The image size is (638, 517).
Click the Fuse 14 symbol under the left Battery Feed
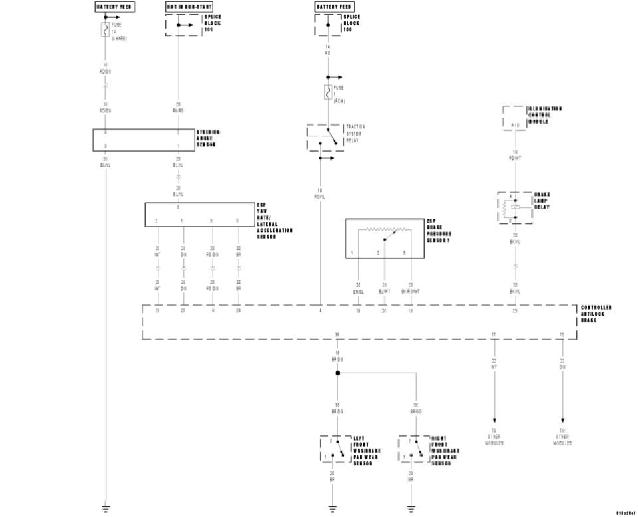pyautogui.click(x=105, y=29)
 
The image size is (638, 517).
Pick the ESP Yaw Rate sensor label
pyautogui.click(x=274, y=219)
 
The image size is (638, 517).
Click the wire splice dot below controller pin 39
pyautogui.click(x=337, y=373)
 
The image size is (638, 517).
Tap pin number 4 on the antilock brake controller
pyautogui.click(x=320, y=310)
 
